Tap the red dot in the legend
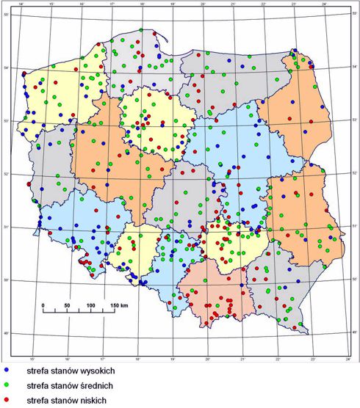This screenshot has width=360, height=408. [6, 399]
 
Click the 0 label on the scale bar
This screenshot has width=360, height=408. [43, 304]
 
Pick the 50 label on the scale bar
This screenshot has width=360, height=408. [67, 304]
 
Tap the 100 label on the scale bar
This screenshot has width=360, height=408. [91, 304]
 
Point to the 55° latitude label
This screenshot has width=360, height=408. [4, 15]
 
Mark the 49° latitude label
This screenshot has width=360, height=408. [4, 334]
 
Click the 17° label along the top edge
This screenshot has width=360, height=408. [111, 6]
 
